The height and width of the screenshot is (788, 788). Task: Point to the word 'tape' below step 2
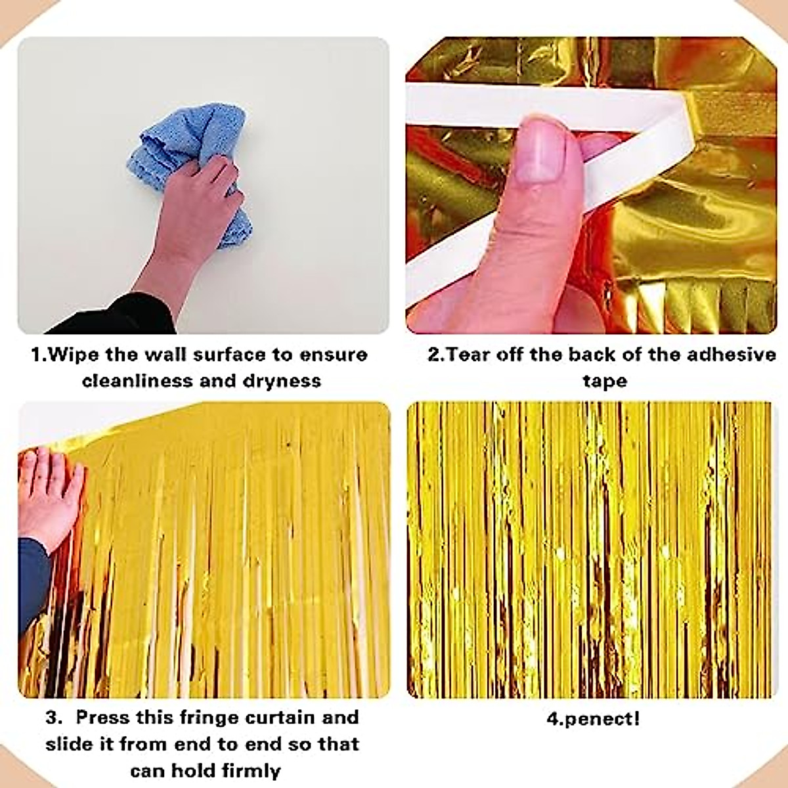click(604, 380)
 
